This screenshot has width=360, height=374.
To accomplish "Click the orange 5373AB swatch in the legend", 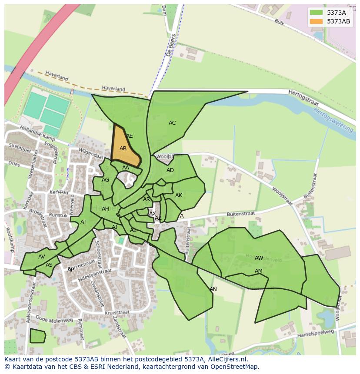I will [317, 21].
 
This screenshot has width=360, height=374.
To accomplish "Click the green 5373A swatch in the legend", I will [317, 13].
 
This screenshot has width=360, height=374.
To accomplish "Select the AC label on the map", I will [172, 123].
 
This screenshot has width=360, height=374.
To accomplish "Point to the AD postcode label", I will [170, 170].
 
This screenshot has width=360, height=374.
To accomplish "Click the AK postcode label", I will [179, 195].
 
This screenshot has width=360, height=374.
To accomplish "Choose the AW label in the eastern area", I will [259, 258].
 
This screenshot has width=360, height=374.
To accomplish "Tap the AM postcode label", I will [259, 271].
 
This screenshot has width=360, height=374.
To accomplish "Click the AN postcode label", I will [213, 289].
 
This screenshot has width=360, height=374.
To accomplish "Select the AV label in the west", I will [41, 257].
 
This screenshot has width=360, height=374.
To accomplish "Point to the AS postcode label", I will [49, 265].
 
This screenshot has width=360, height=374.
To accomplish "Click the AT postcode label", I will [83, 222].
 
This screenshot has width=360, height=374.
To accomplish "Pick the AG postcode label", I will [105, 180].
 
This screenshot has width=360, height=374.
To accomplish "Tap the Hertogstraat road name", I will [303, 99].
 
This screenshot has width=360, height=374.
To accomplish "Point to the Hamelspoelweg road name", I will [315, 334].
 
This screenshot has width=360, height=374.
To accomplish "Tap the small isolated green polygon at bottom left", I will [37, 336].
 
